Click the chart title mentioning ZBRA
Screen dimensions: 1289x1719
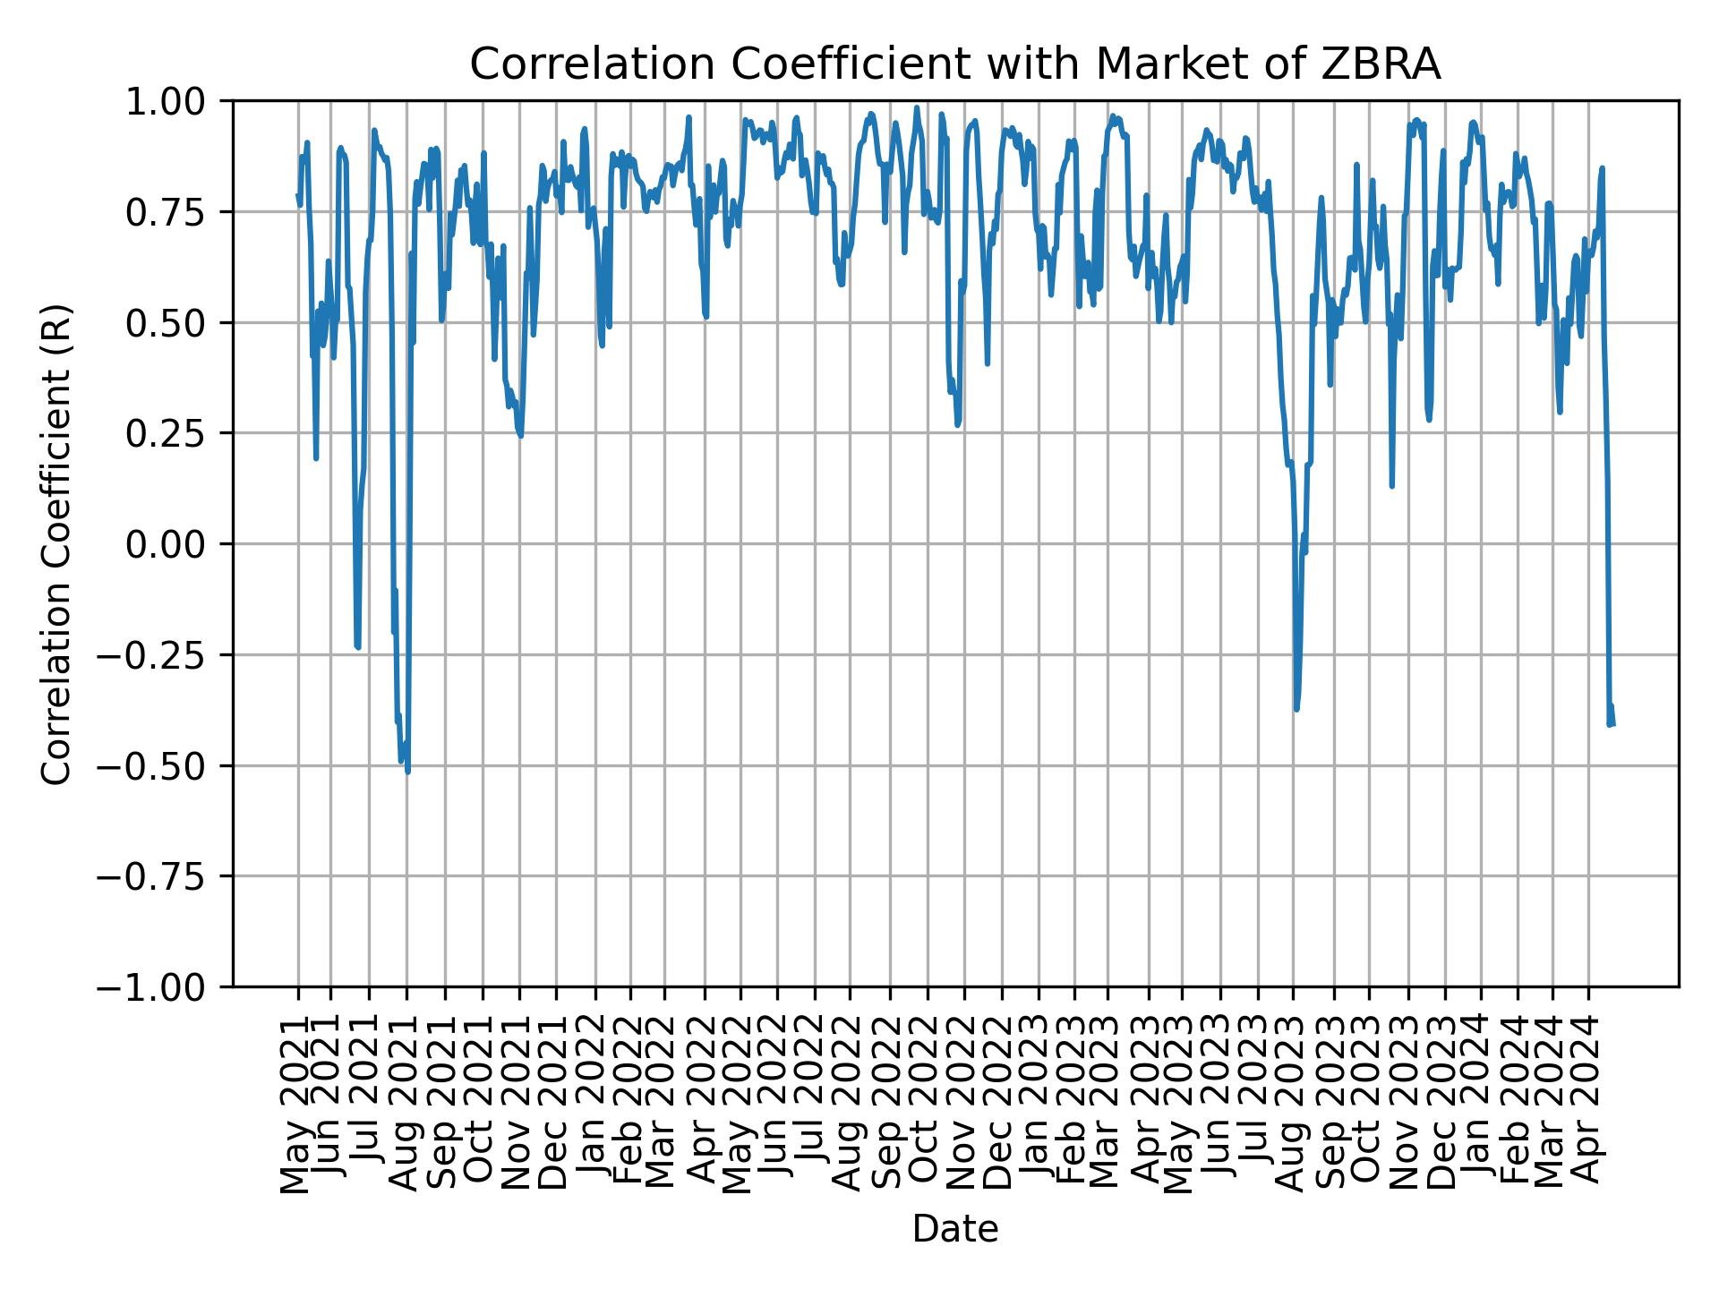pyautogui.click(x=955, y=64)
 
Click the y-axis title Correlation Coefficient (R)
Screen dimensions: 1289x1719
pyautogui.click(x=57, y=543)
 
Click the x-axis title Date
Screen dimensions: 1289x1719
pyautogui.click(x=955, y=1229)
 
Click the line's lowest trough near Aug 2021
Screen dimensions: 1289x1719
pyautogui.click(x=408, y=772)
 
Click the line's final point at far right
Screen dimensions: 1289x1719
pyautogui.click(x=1613, y=724)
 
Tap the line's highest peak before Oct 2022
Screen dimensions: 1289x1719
pyautogui.click(x=916, y=107)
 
